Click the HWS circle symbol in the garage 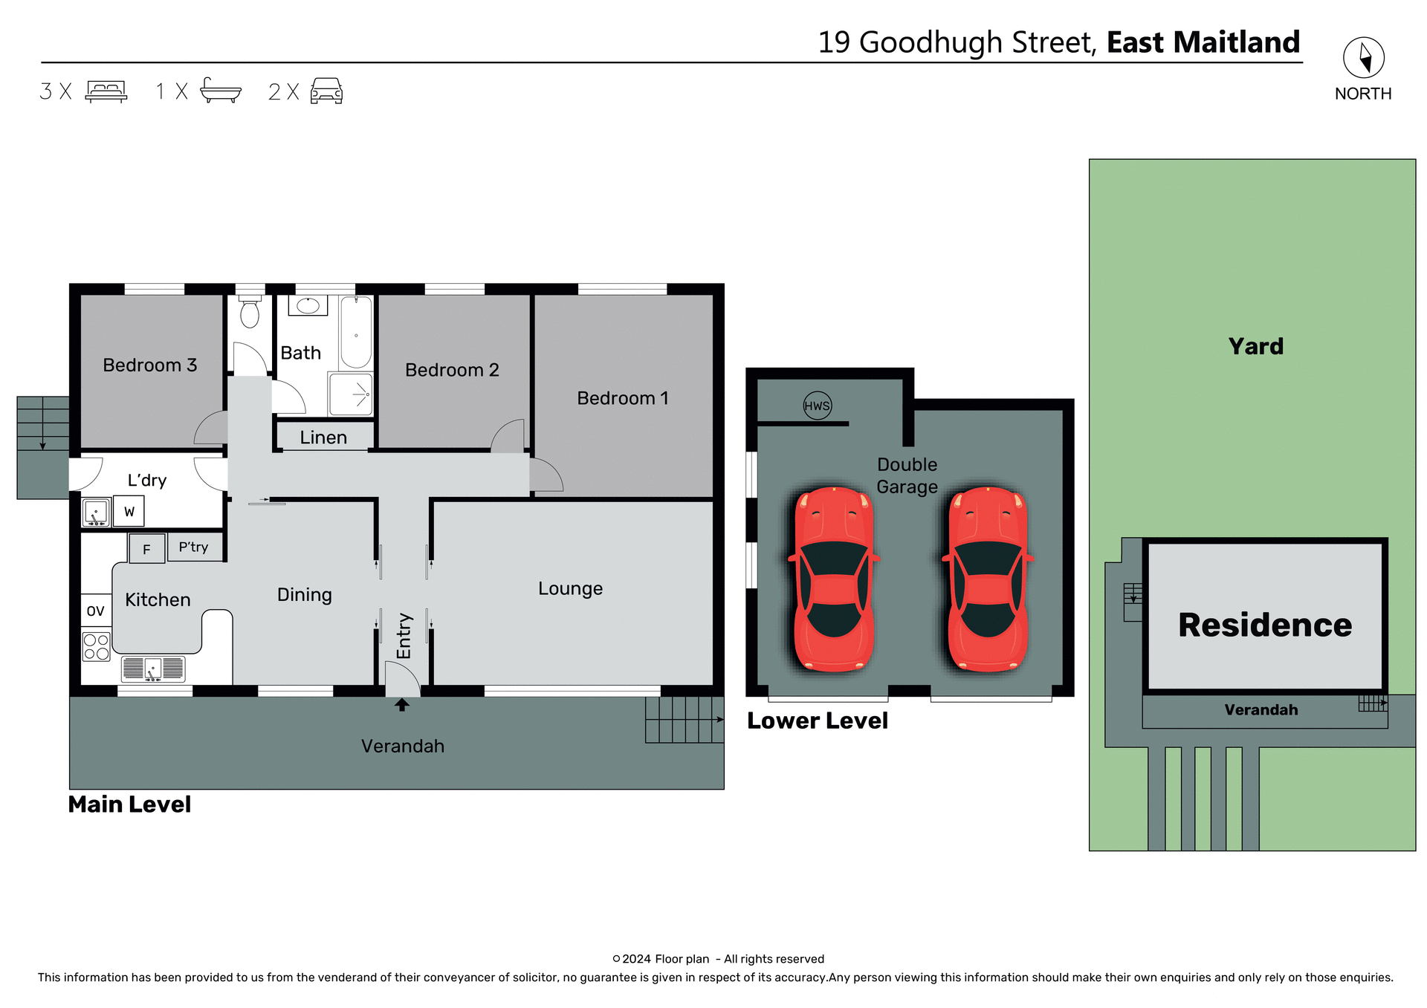(817, 406)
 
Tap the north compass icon (1363, 57)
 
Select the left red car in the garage (834, 579)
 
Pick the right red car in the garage (988, 579)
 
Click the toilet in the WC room (250, 312)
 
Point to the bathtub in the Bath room (356, 332)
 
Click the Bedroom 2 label (452, 370)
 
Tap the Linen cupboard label (323, 438)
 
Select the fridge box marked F (146, 549)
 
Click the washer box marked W (129, 512)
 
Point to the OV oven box (95, 611)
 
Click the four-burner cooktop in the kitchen (96, 646)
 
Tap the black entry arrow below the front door (401, 704)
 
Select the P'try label (193, 547)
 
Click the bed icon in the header (106, 91)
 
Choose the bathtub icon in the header (221, 91)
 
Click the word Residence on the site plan (1264, 625)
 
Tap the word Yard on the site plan (1255, 346)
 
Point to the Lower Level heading (817, 721)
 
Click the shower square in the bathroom (351, 394)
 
